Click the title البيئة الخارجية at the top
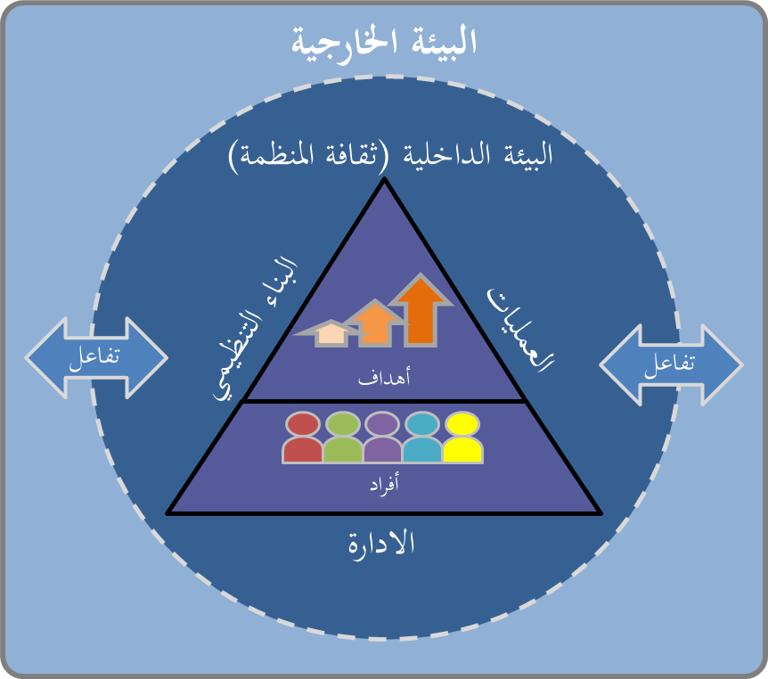point(384,41)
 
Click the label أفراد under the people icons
point(383,485)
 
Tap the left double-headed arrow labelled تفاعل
point(96,357)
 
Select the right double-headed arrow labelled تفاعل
point(671,364)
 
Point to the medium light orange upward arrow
point(379,323)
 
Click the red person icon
point(303,438)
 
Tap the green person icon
point(343,438)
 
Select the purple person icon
point(383,438)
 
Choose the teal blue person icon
point(422,438)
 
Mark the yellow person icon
point(462,438)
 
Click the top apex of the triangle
point(384,181)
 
